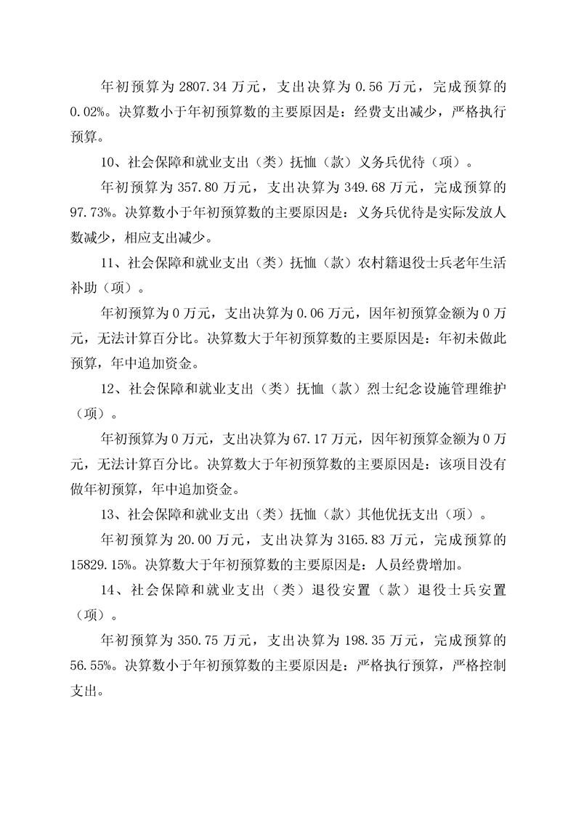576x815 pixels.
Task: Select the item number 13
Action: point(108,514)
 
